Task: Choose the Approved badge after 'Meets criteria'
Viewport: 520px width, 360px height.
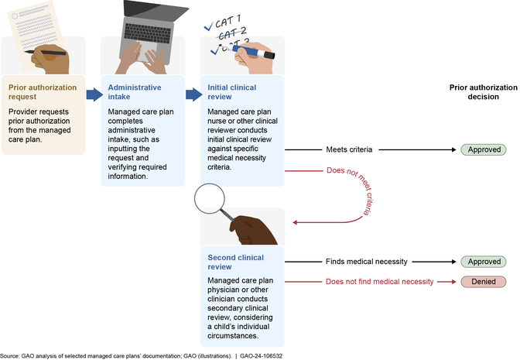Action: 484,149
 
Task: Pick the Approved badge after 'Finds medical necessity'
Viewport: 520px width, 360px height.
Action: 484,262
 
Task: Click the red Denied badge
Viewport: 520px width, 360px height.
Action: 484,282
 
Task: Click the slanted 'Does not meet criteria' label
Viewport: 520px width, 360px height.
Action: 356,190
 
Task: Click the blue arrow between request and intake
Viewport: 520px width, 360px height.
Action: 93,94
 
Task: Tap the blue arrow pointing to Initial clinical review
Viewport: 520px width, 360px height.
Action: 193,94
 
